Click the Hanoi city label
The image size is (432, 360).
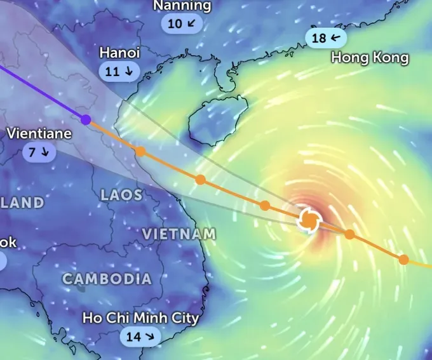click(119, 53)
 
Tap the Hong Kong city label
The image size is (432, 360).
click(370, 58)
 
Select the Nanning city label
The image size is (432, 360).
click(182, 6)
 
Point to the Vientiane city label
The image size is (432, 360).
click(39, 134)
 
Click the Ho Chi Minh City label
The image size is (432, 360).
click(140, 317)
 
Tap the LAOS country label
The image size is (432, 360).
click(121, 195)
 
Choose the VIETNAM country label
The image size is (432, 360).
click(179, 234)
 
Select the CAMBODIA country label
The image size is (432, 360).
click(107, 279)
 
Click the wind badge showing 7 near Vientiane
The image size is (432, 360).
click(39, 152)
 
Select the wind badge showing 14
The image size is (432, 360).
click(140, 337)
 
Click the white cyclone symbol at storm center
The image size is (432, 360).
click(309, 220)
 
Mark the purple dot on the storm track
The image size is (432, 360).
click(86, 119)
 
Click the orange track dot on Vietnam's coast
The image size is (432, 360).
click(140, 151)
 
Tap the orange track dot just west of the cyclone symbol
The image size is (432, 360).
click(265, 205)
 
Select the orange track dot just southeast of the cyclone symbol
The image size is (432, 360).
click(349, 234)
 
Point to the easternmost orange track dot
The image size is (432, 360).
click(403, 259)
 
